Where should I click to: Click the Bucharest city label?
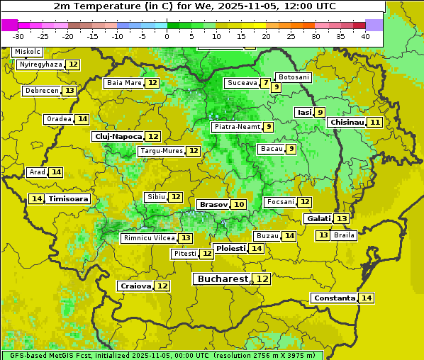point(223,279)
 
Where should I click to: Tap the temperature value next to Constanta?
point(367,298)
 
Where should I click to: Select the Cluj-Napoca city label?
point(118,136)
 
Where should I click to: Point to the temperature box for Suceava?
point(265,83)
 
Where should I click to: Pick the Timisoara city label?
point(69,199)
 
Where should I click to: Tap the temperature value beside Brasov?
point(239,204)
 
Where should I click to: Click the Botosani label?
point(294,77)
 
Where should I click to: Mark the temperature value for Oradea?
point(83,119)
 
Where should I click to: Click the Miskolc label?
point(28,52)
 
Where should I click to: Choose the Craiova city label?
point(135,286)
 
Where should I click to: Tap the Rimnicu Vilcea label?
point(148,238)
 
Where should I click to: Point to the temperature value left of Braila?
point(323,235)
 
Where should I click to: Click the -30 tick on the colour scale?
point(18,35)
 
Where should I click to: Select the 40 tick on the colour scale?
point(365,35)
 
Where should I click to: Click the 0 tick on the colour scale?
point(167,35)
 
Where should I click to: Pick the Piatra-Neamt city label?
point(236,127)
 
